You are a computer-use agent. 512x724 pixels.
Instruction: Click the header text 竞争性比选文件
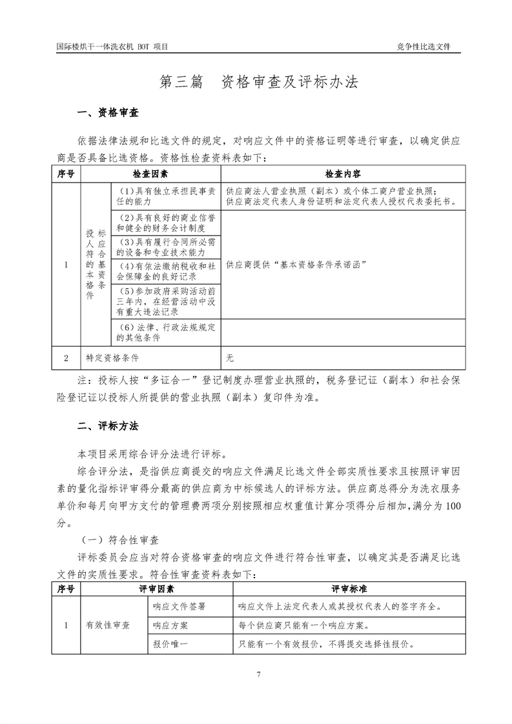[424, 47]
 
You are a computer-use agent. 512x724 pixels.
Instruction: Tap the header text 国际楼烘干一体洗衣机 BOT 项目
[112, 47]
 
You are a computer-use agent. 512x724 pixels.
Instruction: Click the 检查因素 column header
[150, 174]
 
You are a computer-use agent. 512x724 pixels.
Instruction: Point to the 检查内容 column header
[343, 174]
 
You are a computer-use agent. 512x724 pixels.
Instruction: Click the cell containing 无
[230, 357]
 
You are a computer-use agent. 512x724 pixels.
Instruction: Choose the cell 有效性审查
[108, 625]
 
